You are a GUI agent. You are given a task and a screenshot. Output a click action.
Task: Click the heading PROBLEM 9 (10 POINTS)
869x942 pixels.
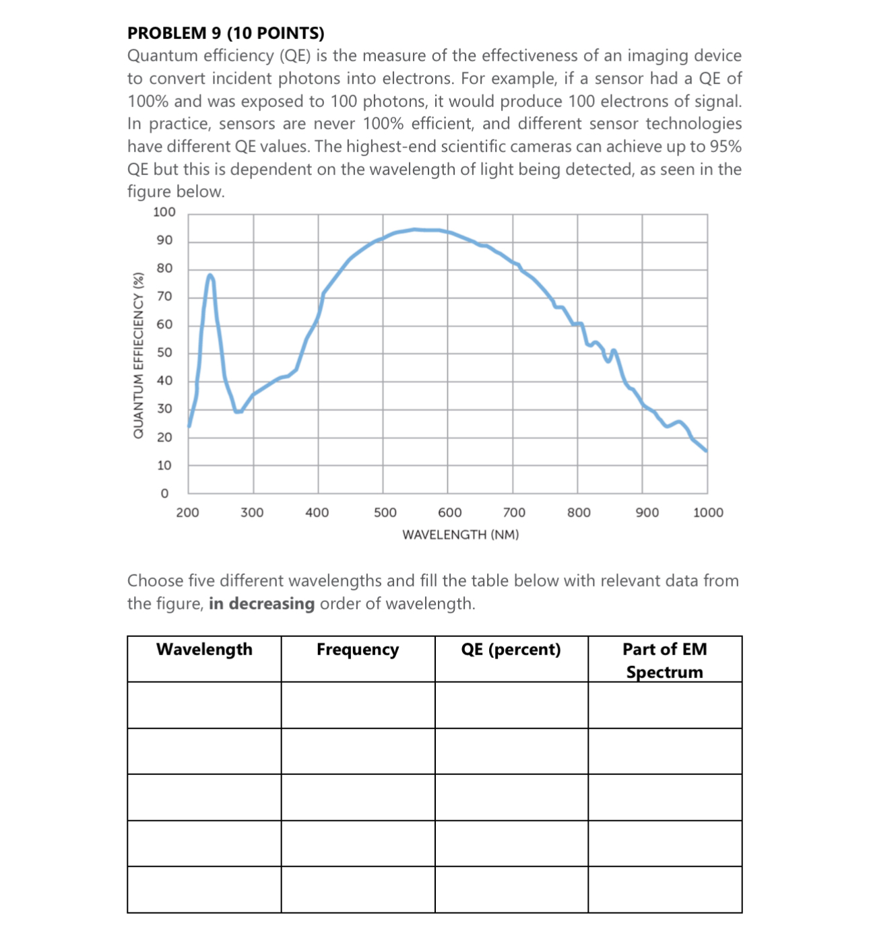pos(226,33)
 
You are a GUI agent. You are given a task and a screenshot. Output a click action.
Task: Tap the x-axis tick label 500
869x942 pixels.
pos(385,513)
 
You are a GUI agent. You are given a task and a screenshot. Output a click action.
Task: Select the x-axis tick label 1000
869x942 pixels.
pos(708,513)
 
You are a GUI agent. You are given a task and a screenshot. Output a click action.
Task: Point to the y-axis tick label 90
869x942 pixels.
pos(164,240)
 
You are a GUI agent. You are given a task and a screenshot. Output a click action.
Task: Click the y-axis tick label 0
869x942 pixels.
pos(164,494)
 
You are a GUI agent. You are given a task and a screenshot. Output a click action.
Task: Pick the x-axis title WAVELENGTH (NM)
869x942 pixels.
pos(461,535)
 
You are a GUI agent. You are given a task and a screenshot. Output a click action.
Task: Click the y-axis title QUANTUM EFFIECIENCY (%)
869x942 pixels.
pos(138,355)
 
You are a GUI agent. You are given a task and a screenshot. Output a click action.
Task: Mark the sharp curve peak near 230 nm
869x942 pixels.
pos(210,275)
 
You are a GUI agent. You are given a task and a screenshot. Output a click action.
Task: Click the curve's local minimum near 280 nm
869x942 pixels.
pos(237,411)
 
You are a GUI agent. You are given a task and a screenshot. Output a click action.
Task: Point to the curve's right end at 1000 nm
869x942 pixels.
pos(706,450)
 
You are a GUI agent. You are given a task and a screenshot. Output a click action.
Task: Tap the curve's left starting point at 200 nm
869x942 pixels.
pos(189,426)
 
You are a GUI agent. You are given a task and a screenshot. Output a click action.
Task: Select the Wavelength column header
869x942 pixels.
pos(204,650)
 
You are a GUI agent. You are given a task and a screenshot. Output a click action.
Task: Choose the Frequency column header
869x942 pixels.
pos(358,650)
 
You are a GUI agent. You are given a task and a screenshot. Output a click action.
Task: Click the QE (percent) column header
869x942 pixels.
pos(511,650)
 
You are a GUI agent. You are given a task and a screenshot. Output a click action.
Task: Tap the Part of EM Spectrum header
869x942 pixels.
pos(665,661)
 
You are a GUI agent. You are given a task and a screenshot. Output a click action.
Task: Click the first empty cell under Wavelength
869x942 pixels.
pos(204,705)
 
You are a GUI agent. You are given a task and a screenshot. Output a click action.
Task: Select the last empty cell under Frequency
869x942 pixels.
pos(358,889)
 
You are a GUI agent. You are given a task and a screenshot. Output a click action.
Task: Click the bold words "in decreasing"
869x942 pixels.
pos(261,604)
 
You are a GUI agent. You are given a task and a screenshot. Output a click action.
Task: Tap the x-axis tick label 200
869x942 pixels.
pos(188,513)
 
